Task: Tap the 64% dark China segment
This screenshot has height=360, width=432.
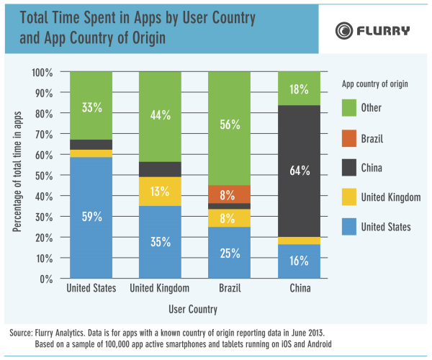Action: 300,171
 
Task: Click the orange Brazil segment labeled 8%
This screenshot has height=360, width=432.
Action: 230,194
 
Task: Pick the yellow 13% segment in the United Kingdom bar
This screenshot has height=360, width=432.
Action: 161,192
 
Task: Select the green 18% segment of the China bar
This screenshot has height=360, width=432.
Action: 300,89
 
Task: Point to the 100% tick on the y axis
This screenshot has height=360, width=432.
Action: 42,72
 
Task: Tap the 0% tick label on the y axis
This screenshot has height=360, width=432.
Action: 48,278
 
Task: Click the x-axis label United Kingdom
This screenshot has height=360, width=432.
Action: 160,289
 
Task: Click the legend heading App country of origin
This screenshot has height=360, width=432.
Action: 374,84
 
